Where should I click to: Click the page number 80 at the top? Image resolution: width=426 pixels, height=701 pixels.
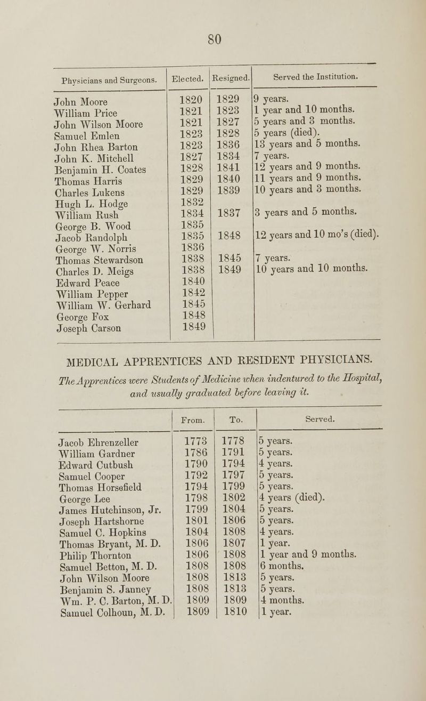pos(214,39)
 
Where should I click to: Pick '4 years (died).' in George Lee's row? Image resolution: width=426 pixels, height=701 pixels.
pos(292,499)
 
